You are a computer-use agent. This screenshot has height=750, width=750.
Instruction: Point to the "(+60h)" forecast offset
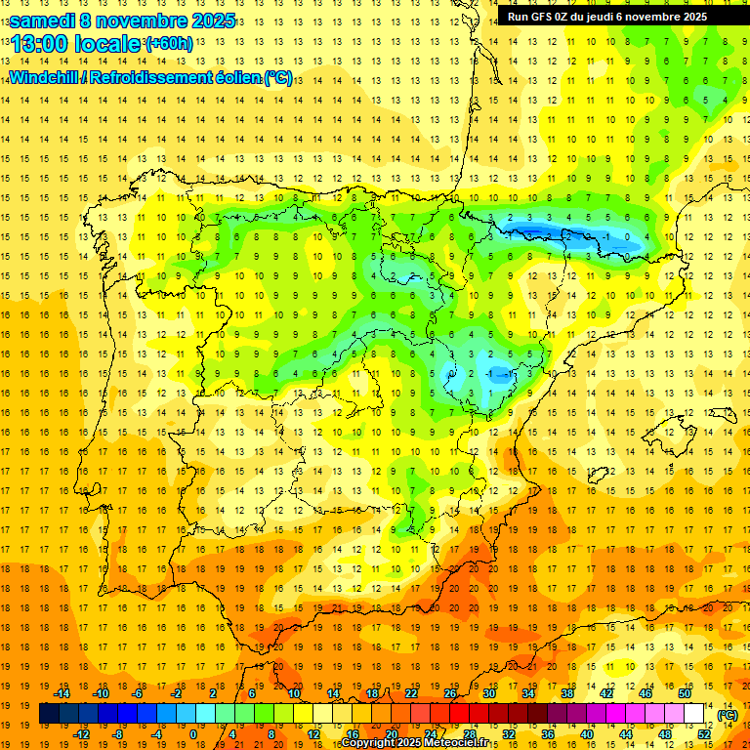[x=169, y=44]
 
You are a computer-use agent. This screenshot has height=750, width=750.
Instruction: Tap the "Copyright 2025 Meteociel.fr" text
[x=428, y=743]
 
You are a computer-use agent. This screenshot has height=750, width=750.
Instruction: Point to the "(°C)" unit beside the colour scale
[x=727, y=715]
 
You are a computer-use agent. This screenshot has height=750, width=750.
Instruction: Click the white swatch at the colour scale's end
[x=693, y=714]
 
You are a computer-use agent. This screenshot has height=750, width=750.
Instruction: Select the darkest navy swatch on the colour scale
[x=49, y=714]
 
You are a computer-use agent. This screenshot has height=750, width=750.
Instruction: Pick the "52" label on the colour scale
[x=704, y=733]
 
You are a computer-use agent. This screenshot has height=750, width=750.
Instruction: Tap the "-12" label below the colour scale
[x=81, y=733]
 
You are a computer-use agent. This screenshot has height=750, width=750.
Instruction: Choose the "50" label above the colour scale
[x=685, y=693]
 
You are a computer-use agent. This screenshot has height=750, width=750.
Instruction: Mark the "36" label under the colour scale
[x=548, y=733]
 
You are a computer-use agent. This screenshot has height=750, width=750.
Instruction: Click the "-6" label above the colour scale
[x=139, y=693]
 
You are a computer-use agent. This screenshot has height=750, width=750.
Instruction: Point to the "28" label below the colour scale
[x=470, y=733]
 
